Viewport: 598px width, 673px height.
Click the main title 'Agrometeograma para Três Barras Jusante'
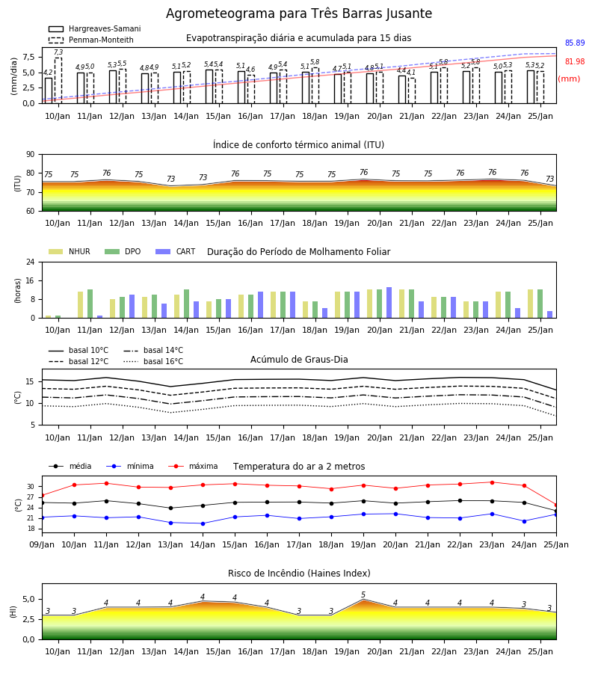tap(299, 13)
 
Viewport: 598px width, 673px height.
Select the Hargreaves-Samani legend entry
tap(95, 28)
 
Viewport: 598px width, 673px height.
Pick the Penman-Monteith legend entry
tap(91, 40)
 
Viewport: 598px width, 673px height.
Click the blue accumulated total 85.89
tap(575, 43)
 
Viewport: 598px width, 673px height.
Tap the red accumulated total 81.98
tap(575, 61)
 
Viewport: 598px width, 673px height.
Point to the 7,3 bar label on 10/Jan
tap(58, 52)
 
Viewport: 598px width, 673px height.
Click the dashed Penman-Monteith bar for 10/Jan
tap(58, 81)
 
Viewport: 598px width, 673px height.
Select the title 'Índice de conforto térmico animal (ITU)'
tap(298, 144)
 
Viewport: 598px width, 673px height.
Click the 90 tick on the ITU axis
tap(31, 155)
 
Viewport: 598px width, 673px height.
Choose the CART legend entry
tap(176, 251)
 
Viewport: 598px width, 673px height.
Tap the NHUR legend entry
tap(70, 251)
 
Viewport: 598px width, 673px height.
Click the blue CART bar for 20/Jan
tap(389, 303)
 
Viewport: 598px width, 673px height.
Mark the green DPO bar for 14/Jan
tap(187, 304)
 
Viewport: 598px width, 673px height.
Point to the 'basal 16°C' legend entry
tap(153, 361)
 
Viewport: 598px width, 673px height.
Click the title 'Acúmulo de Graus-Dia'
tap(299, 360)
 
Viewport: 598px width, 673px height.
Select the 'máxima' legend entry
tap(193, 466)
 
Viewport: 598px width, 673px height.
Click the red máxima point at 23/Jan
tap(492, 482)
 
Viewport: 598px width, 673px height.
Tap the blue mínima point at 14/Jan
tap(203, 523)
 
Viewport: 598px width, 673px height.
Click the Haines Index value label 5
tap(363, 594)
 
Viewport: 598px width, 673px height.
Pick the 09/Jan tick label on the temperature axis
tap(42, 544)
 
